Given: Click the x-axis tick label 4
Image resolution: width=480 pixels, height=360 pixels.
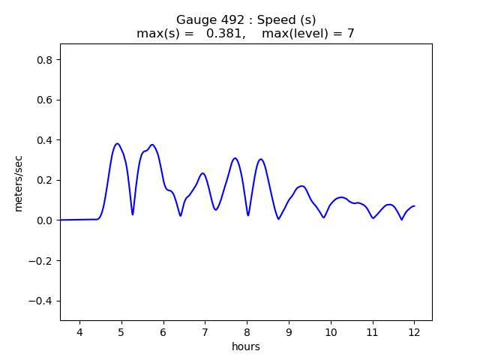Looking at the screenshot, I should click(x=79, y=332).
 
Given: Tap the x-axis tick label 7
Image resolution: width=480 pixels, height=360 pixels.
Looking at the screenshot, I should click(x=205, y=332).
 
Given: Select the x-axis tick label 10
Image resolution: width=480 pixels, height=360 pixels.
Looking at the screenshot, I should click(x=330, y=332).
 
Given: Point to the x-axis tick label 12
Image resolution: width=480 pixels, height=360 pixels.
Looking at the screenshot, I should click(x=414, y=332).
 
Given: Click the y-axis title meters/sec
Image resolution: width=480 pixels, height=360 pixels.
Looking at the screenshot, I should click(x=19, y=182).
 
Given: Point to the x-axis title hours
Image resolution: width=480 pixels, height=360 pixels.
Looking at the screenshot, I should click(x=246, y=346).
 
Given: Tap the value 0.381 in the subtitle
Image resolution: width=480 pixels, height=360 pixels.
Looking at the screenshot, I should click(x=226, y=34).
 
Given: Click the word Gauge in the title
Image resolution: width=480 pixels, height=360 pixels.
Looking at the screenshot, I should click(x=192, y=19).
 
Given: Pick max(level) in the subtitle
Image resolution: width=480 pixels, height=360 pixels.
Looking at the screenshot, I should click(x=296, y=34).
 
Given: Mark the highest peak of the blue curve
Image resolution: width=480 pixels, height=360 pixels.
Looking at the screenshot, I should click(x=117, y=143).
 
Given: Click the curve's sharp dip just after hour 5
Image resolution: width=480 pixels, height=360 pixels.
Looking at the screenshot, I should click(x=133, y=214).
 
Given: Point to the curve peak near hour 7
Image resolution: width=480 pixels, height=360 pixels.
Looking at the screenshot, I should click(x=202, y=173).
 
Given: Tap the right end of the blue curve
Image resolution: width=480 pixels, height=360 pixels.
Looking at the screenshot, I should click(x=414, y=206).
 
